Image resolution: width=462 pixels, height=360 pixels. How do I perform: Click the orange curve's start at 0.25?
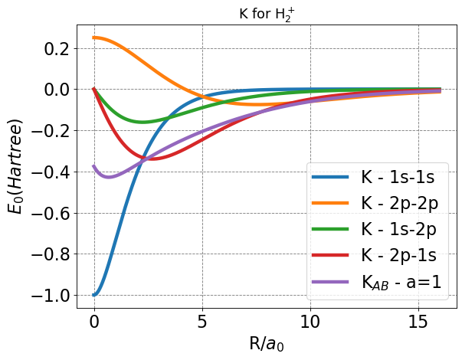(94, 38)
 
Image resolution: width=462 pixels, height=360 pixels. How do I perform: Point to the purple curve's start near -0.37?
(94, 165)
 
